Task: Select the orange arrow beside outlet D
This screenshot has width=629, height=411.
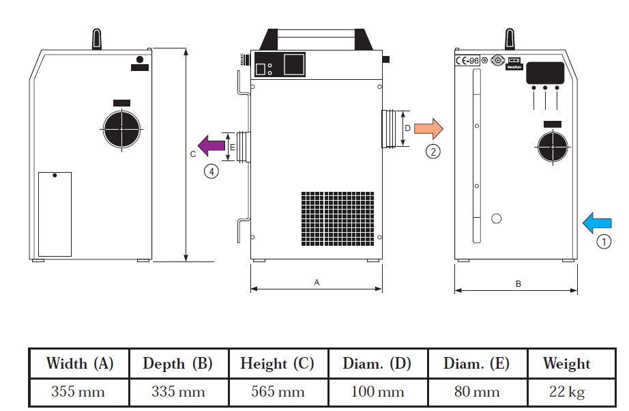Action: (x=428, y=128)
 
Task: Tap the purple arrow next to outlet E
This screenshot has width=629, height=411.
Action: (x=211, y=144)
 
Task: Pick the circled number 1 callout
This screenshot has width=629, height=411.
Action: (x=603, y=241)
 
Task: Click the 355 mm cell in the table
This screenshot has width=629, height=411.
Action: (x=79, y=392)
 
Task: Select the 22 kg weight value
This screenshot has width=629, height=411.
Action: (x=566, y=392)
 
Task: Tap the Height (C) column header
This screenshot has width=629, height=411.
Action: (x=277, y=364)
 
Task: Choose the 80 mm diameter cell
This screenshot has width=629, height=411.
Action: (x=476, y=392)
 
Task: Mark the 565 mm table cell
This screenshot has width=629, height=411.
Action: (x=277, y=392)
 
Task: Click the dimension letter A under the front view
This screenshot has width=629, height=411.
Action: (x=317, y=281)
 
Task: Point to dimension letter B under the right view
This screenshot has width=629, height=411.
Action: (x=518, y=283)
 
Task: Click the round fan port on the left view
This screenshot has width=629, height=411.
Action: (x=121, y=128)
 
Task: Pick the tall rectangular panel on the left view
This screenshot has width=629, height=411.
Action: (x=55, y=214)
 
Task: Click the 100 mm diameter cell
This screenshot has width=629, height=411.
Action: (x=377, y=392)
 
